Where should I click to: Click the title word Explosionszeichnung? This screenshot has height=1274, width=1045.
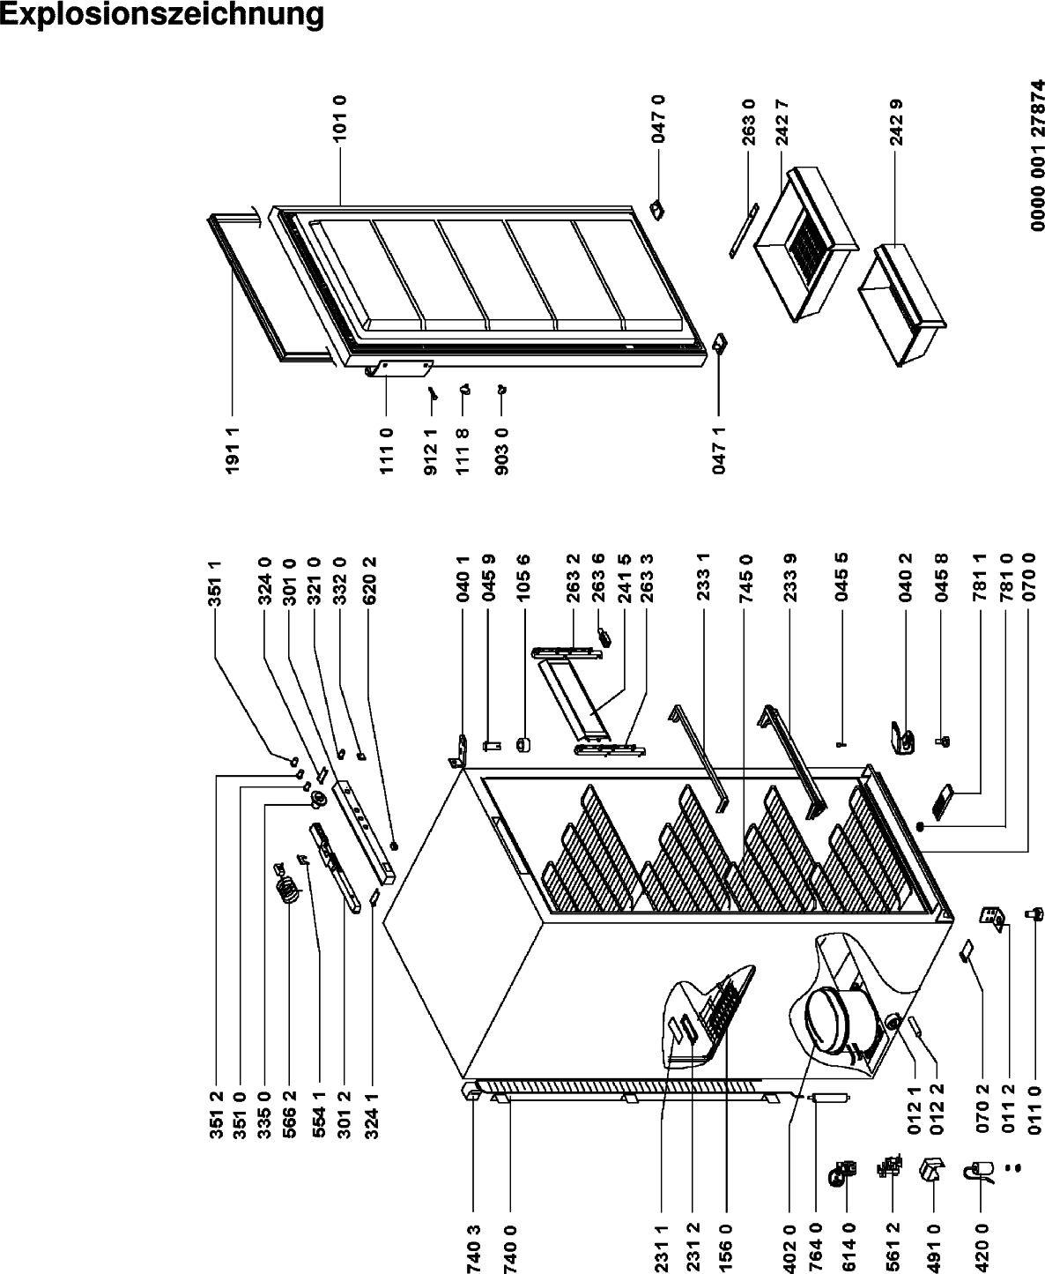(x=161, y=15)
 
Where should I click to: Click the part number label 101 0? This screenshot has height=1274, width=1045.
(x=340, y=119)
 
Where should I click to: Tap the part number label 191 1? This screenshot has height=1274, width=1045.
(x=233, y=450)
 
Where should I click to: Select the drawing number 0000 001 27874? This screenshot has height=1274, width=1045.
(x=1036, y=155)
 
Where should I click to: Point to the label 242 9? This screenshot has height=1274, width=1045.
(x=897, y=122)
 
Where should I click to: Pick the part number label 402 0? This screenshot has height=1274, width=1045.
(x=789, y=1247)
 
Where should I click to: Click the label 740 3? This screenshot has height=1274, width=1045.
(x=473, y=1247)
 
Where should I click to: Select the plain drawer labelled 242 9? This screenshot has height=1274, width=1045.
(x=901, y=312)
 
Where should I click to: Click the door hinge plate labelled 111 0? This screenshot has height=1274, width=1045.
(x=400, y=368)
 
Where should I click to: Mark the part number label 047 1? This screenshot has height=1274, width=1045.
(x=719, y=451)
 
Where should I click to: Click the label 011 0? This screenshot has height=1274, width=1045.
(x=1035, y=1118)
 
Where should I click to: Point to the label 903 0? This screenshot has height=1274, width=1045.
(x=501, y=451)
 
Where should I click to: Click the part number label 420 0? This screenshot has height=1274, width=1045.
(x=981, y=1247)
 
